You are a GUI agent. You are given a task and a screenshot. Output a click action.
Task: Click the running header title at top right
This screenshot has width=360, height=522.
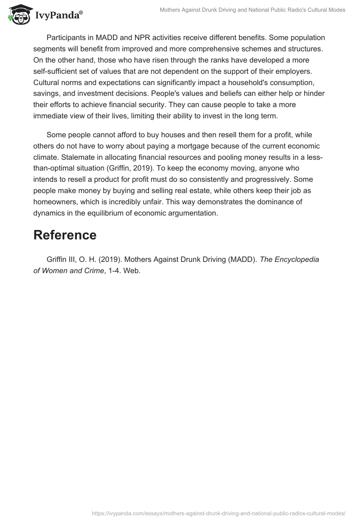pyautogui.click(x=252, y=10)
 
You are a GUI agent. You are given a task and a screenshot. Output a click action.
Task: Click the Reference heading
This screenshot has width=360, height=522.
pyautogui.click(x=65, y=235)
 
